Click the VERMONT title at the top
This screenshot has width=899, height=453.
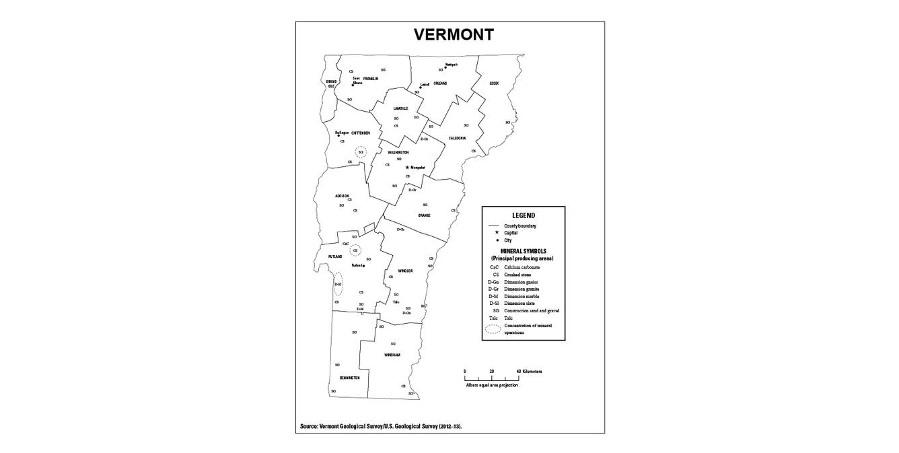click(454, 35)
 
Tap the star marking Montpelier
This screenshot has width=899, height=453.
click(407, 167)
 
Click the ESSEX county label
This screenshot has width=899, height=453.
click(494, 83)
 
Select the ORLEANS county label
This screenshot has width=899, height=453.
click(440, 83)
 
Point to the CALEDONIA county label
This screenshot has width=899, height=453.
click(458, 138)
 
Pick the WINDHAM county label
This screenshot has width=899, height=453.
click(392, 355)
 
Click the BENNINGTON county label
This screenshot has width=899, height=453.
click(349, 378)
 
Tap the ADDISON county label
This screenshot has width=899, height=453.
click(342, 196)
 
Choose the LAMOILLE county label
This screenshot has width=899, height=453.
click(401, 108)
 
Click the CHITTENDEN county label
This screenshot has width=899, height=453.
click(361, 133)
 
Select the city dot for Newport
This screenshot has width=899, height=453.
click(445, 67)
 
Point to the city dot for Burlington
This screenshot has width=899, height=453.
click(338, 135)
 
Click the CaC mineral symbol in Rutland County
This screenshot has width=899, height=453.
click(345, 244)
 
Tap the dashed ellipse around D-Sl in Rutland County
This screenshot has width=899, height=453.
click(338, 284)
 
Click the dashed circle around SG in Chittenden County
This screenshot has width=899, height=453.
click(361, 152)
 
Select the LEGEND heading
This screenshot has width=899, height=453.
click(523, 215)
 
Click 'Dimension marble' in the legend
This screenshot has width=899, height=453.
click(522, 296)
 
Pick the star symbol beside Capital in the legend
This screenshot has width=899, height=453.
click(496, 232)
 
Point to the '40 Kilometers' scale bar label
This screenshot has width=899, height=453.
click(529, 372)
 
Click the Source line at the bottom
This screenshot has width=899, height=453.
click(381, 426)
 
